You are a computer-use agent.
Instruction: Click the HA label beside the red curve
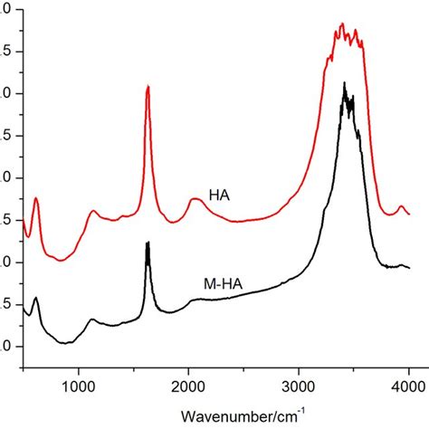coord(218,195)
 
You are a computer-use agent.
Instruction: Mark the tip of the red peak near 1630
coord(148,86)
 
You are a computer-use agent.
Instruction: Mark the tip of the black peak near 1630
coord(148,243)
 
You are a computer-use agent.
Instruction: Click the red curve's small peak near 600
coord(36,198)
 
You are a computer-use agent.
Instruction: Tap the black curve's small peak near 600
coord(36,298)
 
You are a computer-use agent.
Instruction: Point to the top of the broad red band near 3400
coord(342,24)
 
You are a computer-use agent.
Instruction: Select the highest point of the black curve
coord(344,83)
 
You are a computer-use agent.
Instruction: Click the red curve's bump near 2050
coord(195,199)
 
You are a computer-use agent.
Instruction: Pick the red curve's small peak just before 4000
coord(401,207)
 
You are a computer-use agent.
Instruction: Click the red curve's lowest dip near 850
coord(62,261)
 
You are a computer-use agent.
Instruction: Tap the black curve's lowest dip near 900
coord(65,343)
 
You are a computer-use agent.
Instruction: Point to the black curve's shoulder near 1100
coord(91,319)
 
